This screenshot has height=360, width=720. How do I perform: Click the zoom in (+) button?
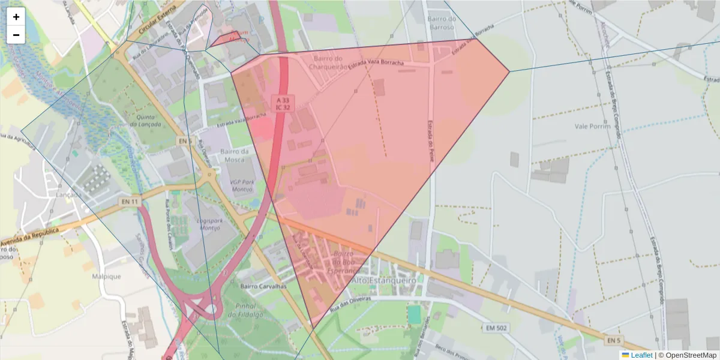pyautogui.click(x=16, y=17)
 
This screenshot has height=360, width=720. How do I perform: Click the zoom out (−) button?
pyautogui.click(x=16, y=35)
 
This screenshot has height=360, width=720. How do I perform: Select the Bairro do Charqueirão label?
pyautogui.click(x=328, y=62)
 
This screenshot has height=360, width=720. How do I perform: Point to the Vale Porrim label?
pyautogui.click(x=592, y=126)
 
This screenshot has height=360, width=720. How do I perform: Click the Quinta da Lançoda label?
pyautogui.click(x=149, y=120)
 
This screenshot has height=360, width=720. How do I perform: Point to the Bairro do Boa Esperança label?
pyautogui.click(x=343, y=262)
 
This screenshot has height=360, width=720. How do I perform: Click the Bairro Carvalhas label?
pyautogui.click(x=263, y=287)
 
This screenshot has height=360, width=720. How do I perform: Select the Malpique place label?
pyautogui.click(x=107, y=277)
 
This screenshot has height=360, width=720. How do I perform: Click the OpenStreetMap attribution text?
pyautogui.click(x=687, y=355)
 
